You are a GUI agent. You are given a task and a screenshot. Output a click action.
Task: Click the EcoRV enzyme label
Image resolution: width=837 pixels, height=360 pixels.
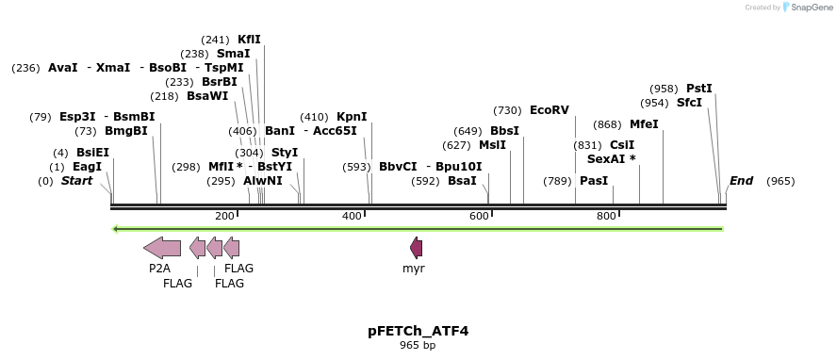550,110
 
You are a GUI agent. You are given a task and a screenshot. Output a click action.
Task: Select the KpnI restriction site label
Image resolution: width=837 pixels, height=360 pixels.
352,117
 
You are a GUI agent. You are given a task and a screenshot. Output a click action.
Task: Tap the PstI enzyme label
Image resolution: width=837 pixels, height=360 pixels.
699,89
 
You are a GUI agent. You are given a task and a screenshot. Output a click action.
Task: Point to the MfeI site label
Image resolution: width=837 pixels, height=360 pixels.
645,124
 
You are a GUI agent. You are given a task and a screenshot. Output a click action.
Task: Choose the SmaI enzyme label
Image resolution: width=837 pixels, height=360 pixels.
233,54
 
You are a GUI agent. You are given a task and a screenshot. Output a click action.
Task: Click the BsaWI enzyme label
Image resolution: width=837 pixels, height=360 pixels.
207,96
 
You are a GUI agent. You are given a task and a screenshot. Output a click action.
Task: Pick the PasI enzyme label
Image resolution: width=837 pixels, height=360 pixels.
594,181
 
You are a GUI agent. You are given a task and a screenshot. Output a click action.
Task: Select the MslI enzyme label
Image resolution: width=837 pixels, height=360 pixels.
492,145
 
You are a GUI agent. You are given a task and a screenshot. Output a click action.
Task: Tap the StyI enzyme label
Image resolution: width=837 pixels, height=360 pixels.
285,153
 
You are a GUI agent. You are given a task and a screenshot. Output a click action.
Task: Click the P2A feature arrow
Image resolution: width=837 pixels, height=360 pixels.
162,248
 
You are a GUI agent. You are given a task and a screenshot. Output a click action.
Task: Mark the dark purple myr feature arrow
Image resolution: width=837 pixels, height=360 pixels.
416,248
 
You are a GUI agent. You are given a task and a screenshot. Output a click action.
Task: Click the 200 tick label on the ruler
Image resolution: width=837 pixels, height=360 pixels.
224,217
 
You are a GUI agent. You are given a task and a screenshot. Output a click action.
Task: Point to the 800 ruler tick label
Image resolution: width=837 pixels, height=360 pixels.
606,217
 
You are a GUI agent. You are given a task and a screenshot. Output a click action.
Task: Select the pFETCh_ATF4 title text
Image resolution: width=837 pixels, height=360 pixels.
418,331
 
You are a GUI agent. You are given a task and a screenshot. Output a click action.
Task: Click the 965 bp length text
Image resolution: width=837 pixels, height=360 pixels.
418,346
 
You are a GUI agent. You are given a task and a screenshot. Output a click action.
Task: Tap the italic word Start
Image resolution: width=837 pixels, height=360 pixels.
76,181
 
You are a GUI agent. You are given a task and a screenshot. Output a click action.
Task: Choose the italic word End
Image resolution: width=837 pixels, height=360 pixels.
741,181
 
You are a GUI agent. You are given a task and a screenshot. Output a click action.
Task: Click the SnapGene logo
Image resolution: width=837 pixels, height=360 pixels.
806,8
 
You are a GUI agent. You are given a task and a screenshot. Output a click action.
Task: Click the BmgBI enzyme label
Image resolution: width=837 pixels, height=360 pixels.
125,131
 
